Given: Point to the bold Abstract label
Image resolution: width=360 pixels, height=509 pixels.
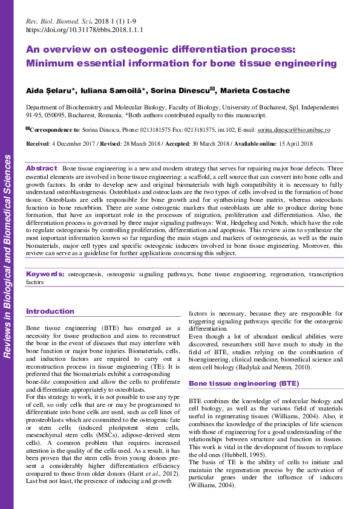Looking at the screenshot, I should point(42,167).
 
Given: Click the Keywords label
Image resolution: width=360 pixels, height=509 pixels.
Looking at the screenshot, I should point(46,274).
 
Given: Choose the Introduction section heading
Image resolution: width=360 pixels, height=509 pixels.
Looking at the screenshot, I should point(50,311).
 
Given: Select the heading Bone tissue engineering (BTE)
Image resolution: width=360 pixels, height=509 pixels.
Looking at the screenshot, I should point(235,383).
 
